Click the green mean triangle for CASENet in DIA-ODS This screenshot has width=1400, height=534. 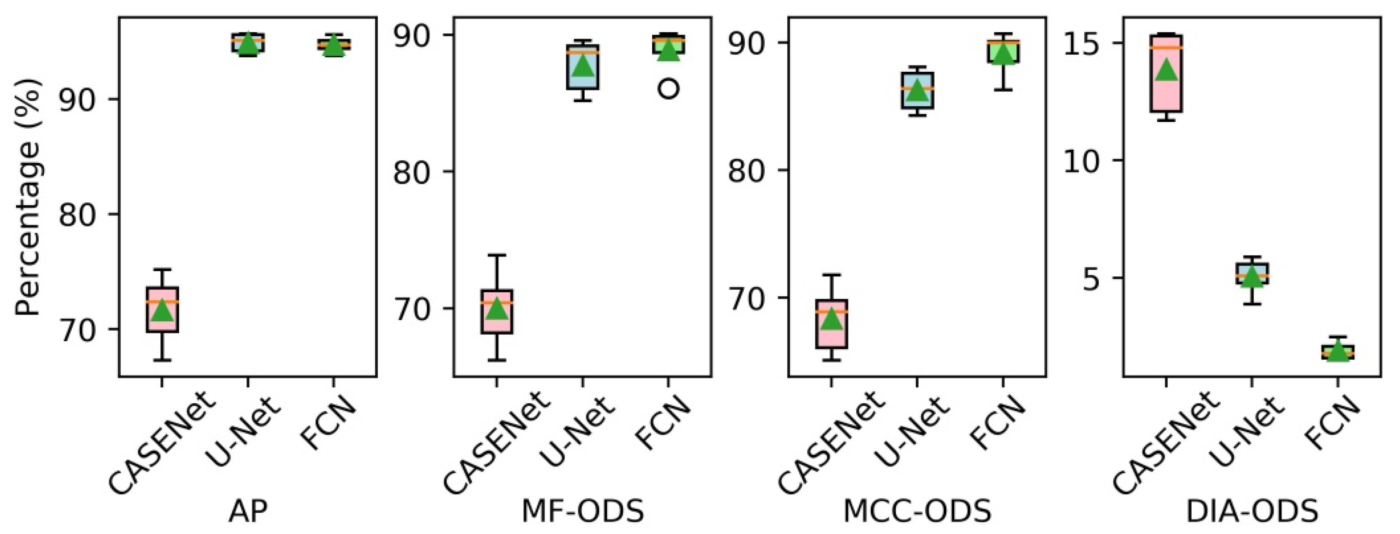(x=1166, y=70)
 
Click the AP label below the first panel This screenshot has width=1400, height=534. (x=248, y=511)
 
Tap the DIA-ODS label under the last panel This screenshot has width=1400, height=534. (x=1251, y=511)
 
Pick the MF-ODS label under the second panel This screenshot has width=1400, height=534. (x=582, y=511)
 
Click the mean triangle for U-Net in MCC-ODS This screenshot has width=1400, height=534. (x=918, y=91)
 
